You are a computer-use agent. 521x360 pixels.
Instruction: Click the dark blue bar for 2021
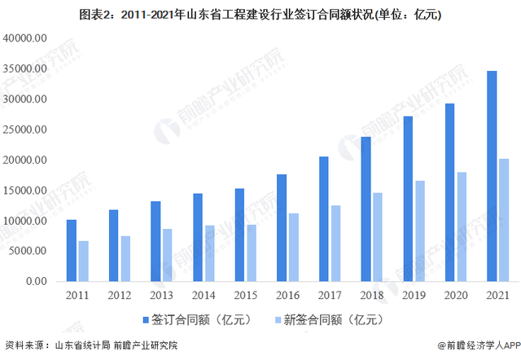(492, 176)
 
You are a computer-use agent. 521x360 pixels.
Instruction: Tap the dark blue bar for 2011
(72, 250)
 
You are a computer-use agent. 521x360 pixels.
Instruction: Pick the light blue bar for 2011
(83, 261)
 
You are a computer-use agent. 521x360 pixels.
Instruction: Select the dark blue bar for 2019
(408, 199)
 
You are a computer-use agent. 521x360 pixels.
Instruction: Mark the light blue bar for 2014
(209, 252)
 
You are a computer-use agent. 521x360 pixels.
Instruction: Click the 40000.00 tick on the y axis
(25, 38)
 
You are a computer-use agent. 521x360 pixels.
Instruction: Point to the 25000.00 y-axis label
(25, 130)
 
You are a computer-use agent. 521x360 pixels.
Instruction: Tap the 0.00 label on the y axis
(37, 281)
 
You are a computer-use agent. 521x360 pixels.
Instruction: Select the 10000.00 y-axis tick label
(25, 221)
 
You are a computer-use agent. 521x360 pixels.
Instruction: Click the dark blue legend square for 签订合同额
(146, 318)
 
